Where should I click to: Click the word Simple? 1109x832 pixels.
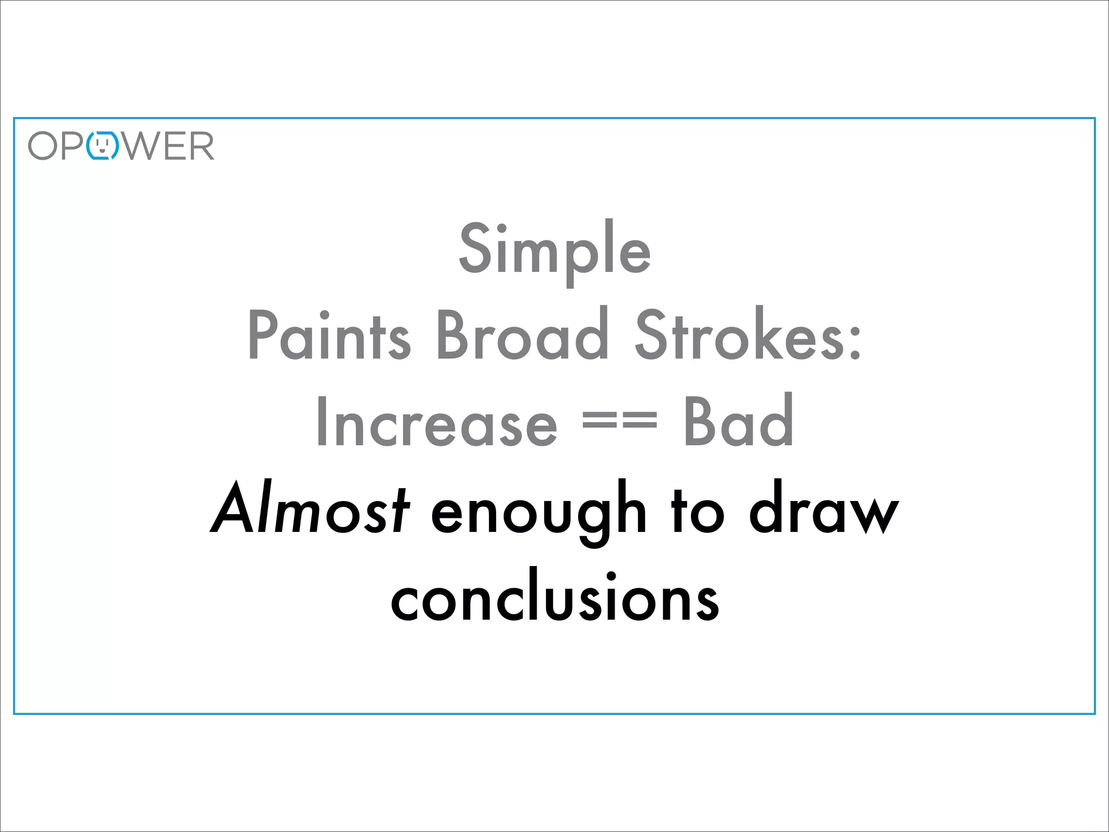[554, 250]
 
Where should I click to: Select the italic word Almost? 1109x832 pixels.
[310, 509]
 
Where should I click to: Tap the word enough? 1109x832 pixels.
[539, 512]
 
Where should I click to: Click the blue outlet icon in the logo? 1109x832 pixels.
[102, 146]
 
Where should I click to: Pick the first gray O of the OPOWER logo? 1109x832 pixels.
[43, 146]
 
